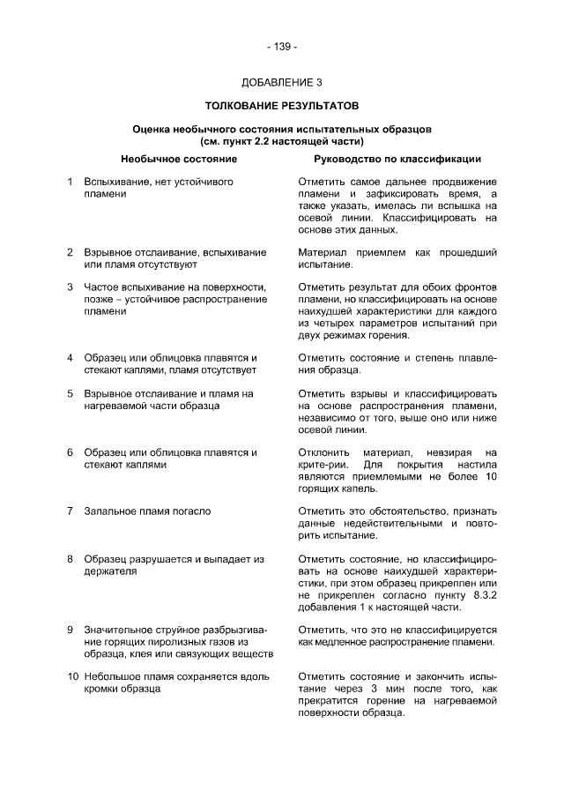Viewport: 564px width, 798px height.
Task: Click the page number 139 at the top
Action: (281, 46)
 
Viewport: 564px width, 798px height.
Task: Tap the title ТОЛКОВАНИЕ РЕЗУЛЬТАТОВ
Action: (281, 106)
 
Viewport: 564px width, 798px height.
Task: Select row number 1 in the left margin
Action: (70, 182)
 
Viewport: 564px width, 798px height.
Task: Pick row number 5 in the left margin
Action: (70, 393)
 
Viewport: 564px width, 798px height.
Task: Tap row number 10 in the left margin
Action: (71, 676)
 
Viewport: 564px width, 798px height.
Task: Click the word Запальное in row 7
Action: (109, 511)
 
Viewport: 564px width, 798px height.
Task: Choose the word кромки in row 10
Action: (102, 689)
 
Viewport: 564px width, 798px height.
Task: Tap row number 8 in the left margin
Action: (70, 559)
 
